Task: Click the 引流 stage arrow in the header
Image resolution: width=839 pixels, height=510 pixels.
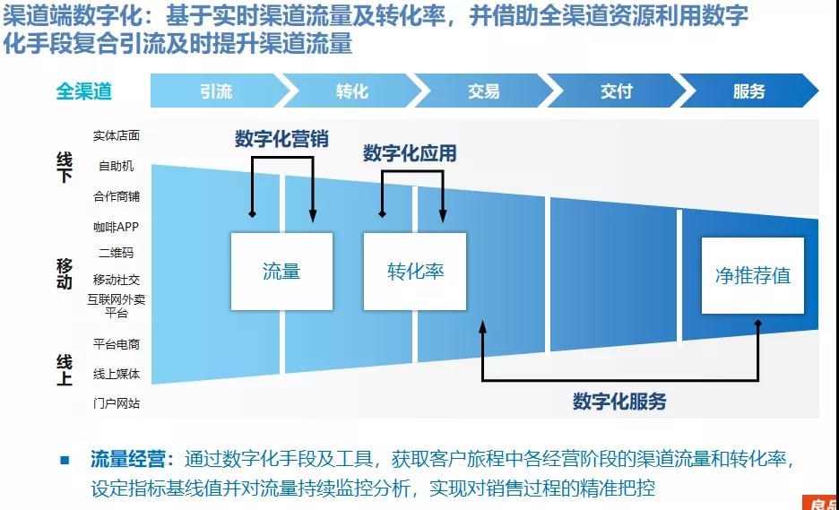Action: (215, 91)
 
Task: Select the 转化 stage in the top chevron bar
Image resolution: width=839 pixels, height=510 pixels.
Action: (351, 91)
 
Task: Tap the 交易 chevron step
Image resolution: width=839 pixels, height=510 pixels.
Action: (483, 91)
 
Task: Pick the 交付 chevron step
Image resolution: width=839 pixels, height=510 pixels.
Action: (616, 91)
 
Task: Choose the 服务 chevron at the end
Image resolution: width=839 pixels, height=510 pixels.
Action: (748, 91)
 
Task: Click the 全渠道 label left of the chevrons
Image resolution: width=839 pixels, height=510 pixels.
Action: (84, 91)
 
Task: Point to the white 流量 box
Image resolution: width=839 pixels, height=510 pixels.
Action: (281, 272)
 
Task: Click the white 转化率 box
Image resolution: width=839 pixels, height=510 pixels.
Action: (415, 272)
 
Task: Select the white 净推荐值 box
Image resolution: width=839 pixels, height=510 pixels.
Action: (752, 275)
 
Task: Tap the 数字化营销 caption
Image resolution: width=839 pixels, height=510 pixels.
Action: (281, 139)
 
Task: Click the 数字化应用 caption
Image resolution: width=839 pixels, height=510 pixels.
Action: (410, 154)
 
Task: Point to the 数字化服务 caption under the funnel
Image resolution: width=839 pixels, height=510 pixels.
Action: (619, 402)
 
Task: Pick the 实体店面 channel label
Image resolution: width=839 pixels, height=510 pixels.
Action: (117, 136)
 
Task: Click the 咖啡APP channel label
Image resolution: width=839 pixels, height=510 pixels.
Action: (117, 228)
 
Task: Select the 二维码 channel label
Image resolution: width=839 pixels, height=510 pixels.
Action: (117, 253)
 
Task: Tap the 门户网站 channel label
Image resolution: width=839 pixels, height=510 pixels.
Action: (117, 403)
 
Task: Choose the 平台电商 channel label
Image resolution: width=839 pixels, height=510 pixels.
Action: (117, 344)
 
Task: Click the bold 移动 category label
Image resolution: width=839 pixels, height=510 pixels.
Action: (65, 272)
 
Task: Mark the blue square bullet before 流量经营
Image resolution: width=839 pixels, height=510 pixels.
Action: (65, 461)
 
